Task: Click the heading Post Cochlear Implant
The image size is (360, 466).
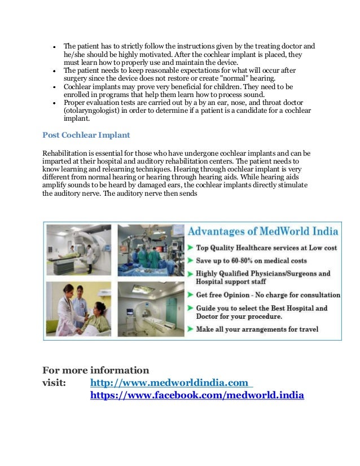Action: point(86,135)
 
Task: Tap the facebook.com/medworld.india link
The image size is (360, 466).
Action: point(197,396)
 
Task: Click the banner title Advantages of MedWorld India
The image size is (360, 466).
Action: point(262,231)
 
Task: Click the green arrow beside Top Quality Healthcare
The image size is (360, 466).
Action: point(191,248)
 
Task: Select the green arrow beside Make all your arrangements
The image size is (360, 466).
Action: point(191,329)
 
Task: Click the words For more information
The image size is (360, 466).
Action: point(96,371)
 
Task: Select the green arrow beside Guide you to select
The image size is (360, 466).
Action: point(191,309)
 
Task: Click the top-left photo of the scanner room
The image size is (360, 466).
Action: point(79,250)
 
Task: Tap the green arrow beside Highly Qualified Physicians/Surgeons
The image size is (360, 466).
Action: point(191,274)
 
